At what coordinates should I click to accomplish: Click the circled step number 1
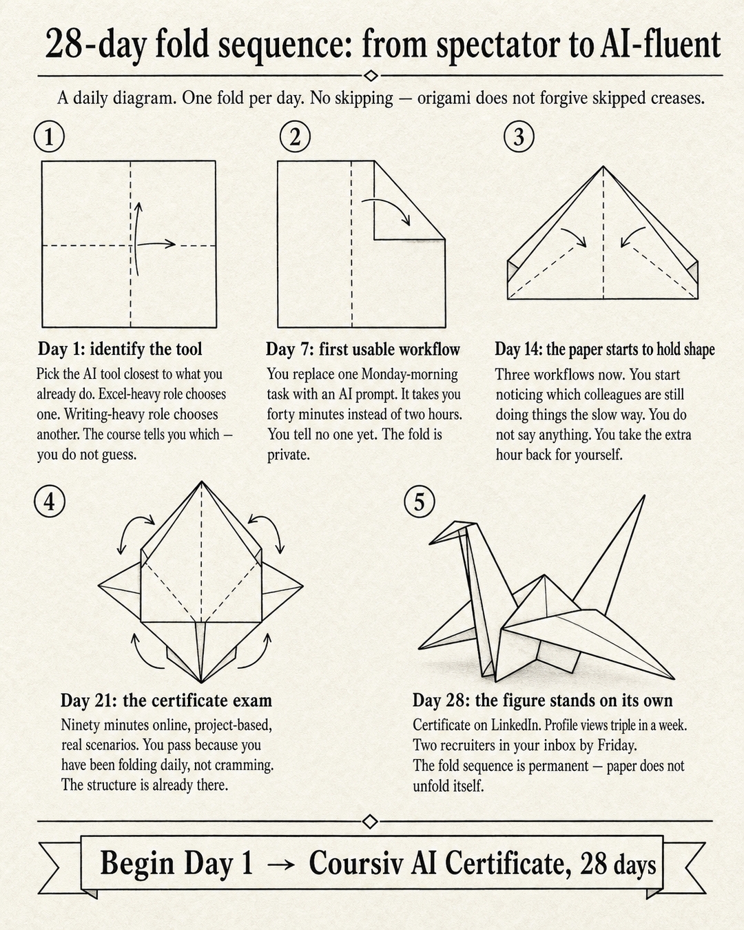[x=50, y=136]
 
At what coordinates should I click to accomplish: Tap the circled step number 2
[x=296, y=136]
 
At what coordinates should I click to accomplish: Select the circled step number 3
[x=519, y=136]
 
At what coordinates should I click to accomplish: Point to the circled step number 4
[x=50, y=502]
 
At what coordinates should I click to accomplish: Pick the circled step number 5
[x=420, y=502]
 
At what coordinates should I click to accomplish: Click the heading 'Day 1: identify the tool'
[x=120, y=349]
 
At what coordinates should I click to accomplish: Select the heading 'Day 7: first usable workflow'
[x=363, y=349]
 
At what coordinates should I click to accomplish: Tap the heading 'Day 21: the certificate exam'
[x=166, y=701]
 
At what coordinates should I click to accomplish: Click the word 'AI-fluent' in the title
[x=660, y=45]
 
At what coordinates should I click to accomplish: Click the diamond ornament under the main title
[x=371, y=76]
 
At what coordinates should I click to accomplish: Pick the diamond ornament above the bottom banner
[x=370, y=821]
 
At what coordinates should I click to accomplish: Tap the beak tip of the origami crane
[x=429, y=544]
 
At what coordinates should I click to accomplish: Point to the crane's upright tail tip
[x=645, y=496]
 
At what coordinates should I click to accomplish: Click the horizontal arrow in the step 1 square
[x=156, y=244]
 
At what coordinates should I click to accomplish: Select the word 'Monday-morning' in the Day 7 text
[x=409, y=374]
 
